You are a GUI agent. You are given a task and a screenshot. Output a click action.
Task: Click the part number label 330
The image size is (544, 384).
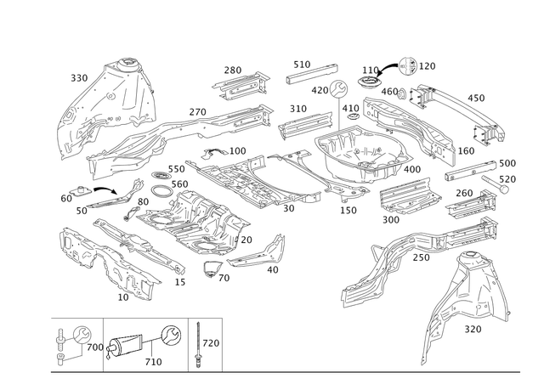79,78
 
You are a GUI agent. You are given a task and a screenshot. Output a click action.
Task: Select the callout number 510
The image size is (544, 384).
302,65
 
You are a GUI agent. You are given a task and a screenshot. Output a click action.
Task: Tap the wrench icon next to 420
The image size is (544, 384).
338,89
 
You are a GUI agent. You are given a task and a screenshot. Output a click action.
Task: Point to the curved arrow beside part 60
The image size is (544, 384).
105,189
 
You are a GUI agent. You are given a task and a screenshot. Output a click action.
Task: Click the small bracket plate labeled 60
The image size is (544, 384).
81,190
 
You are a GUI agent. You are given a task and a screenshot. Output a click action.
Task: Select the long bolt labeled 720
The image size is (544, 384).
198,344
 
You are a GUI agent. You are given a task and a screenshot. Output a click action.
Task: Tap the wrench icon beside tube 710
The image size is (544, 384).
172,335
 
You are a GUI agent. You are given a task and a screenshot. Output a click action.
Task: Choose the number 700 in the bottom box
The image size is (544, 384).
95,347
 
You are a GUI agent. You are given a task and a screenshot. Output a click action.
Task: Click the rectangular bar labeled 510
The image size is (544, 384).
312,74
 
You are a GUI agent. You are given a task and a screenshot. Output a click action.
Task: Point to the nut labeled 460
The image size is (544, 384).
403,93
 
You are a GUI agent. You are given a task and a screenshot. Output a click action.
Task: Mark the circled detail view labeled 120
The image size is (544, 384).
408,66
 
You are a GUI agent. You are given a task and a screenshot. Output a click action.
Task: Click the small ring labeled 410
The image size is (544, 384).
353,116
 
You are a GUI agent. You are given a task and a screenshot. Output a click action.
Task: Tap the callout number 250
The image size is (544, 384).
422,257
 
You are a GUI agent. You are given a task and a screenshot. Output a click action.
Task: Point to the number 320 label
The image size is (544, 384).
473,329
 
